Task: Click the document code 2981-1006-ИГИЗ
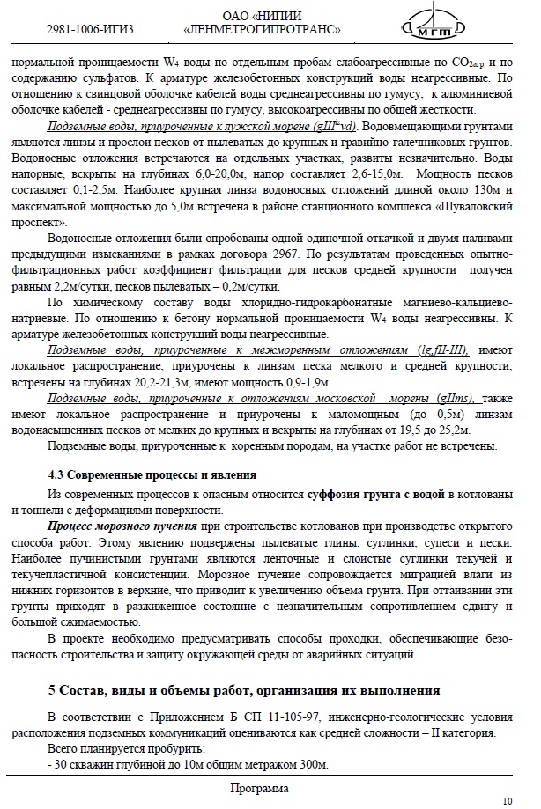click(90, 29)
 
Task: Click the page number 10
click(507, 800)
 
